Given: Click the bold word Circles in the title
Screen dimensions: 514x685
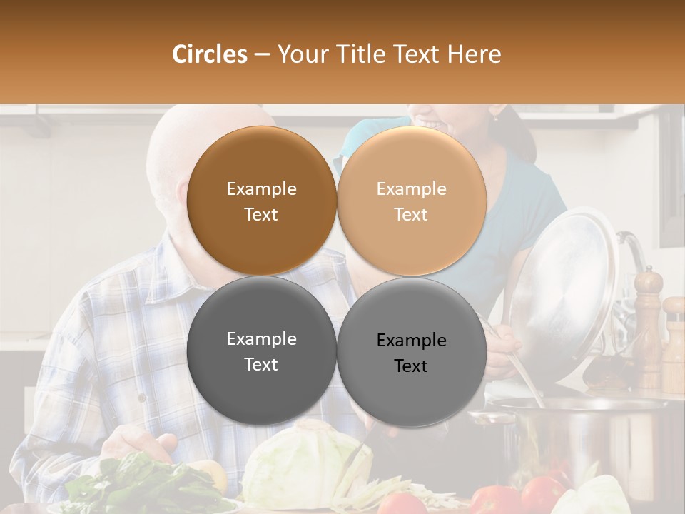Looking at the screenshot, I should pyautogui.click(x=210, y=54).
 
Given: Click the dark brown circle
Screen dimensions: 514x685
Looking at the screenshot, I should pyautogui.click(x=261, y=201).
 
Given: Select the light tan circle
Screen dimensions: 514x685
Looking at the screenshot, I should pyautogui.click(x=411, y=201).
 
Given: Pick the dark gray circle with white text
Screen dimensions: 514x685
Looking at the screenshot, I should pyautogui.click(x=261, y=351).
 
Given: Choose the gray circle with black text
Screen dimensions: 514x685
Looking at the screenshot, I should pyautogui.click(x=411, y=351).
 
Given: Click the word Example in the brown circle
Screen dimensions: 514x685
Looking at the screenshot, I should pyautogui.click(x=261, y=189).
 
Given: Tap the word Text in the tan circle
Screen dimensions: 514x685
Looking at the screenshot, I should pyautogui.click(x=411, y=215).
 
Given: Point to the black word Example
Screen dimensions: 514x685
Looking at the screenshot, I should pyautogui.click(x=411, y=341).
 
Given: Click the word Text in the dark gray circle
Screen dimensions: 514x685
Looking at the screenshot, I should pyautogui.click(x=261, y=365).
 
